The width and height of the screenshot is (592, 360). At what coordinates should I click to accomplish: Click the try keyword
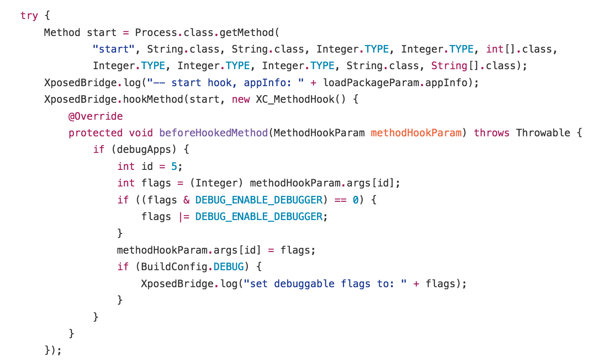[x=29, y=16]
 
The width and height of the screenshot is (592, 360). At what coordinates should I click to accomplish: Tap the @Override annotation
[x=95, y=116]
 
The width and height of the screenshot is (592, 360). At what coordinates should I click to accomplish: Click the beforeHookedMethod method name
[x=214, y=133]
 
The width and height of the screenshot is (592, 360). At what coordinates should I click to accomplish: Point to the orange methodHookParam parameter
[x=416, y=133]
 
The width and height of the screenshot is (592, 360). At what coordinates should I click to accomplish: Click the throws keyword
[x=491, y=133]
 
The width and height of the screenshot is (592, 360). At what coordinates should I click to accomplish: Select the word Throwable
[x=543, y=133]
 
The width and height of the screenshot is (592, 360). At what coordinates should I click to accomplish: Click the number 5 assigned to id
[x=174, y=167]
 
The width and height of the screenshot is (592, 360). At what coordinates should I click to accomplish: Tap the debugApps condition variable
[x=144, y=150]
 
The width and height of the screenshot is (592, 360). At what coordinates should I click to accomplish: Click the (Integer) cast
[x=216, y=183]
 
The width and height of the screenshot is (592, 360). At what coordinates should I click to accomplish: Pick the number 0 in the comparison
[x=355, y=200]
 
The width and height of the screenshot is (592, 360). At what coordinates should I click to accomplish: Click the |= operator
[x=184, y=217]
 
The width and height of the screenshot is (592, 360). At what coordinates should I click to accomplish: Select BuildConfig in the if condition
[x=174, y=267]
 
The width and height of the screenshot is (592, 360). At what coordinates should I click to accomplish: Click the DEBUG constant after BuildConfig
[x=229, y=267]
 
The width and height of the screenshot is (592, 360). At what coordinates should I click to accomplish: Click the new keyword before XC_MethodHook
[x=241, y=100]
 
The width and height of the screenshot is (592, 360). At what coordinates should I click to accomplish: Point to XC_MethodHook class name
[x=295, y=100]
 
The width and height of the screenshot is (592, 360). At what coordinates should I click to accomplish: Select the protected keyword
[x=95, y=133]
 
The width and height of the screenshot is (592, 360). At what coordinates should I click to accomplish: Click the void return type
[x=141, y=133]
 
